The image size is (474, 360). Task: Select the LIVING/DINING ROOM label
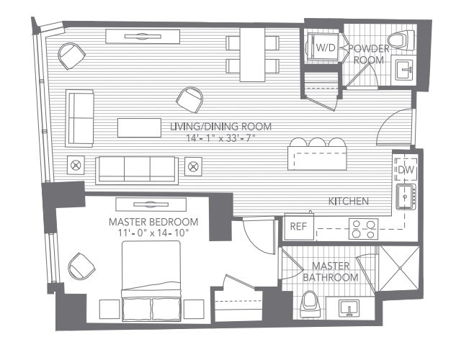[220, 127]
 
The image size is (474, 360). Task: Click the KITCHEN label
[349, 201]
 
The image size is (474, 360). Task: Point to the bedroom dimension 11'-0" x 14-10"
[153, 233]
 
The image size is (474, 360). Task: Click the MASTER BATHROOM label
[331, 271]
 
